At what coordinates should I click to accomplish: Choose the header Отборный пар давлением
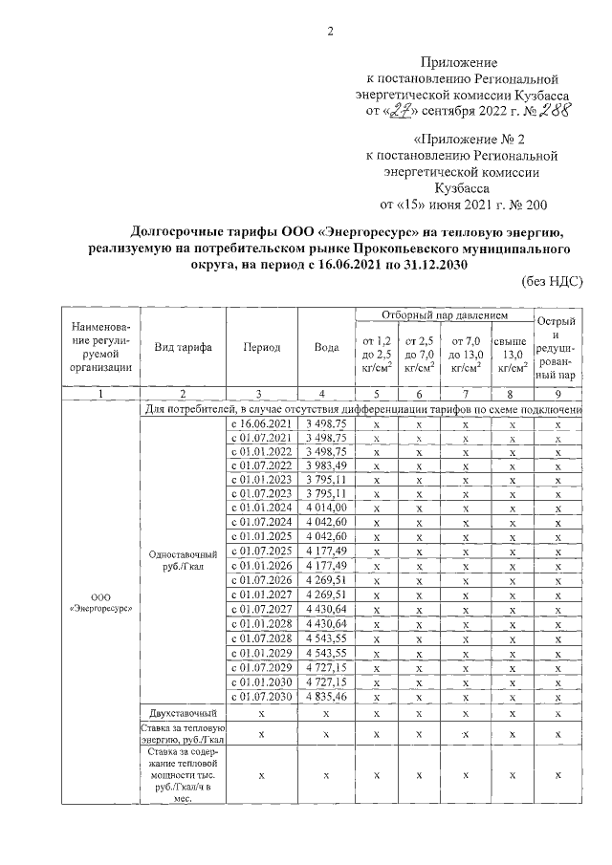point(444,314)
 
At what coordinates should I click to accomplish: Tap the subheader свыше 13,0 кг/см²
point(511,356)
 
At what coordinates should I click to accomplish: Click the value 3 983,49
point(326,465)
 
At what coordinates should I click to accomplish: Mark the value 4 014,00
point(326,507)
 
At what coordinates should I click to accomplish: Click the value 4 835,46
point(326,698)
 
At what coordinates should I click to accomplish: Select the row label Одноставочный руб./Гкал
point(184,560)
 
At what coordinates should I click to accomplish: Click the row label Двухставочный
point(184,713)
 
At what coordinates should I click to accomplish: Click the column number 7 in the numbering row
point(465,393)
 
